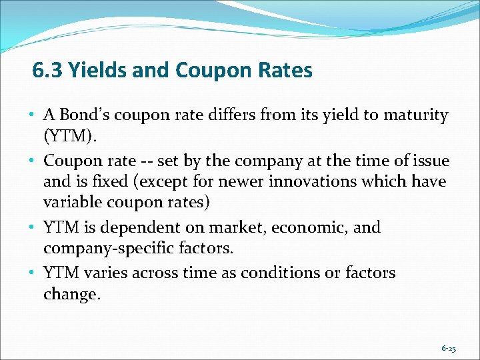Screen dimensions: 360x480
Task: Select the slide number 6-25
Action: coord(449,348)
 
